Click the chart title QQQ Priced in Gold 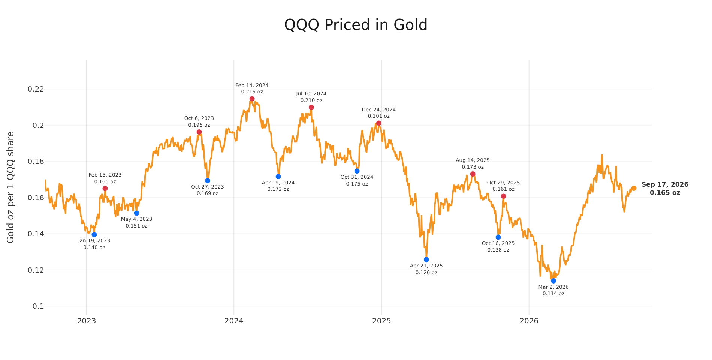[356, 25]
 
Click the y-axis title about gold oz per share [10, 187]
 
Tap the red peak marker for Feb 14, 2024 [252, 99]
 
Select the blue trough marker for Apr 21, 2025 [426, 259]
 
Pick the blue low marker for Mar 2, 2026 [553, 281]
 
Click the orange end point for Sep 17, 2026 [634, 188]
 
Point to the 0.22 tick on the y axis [36, 89]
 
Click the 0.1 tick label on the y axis [38, 306]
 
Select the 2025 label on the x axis [381, 321]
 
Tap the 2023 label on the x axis [87, 321]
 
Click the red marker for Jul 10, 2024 [311, 107]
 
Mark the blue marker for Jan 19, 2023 [94, 234]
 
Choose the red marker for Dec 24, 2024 [378, 123]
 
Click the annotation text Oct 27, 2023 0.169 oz [208, 190]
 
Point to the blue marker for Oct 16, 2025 [498, 237]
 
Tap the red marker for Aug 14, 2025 [473, 174]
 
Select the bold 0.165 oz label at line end [665, 193]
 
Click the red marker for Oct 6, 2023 [199, 132]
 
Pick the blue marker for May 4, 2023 [136, 213]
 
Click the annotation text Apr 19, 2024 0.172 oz [278, 186]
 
